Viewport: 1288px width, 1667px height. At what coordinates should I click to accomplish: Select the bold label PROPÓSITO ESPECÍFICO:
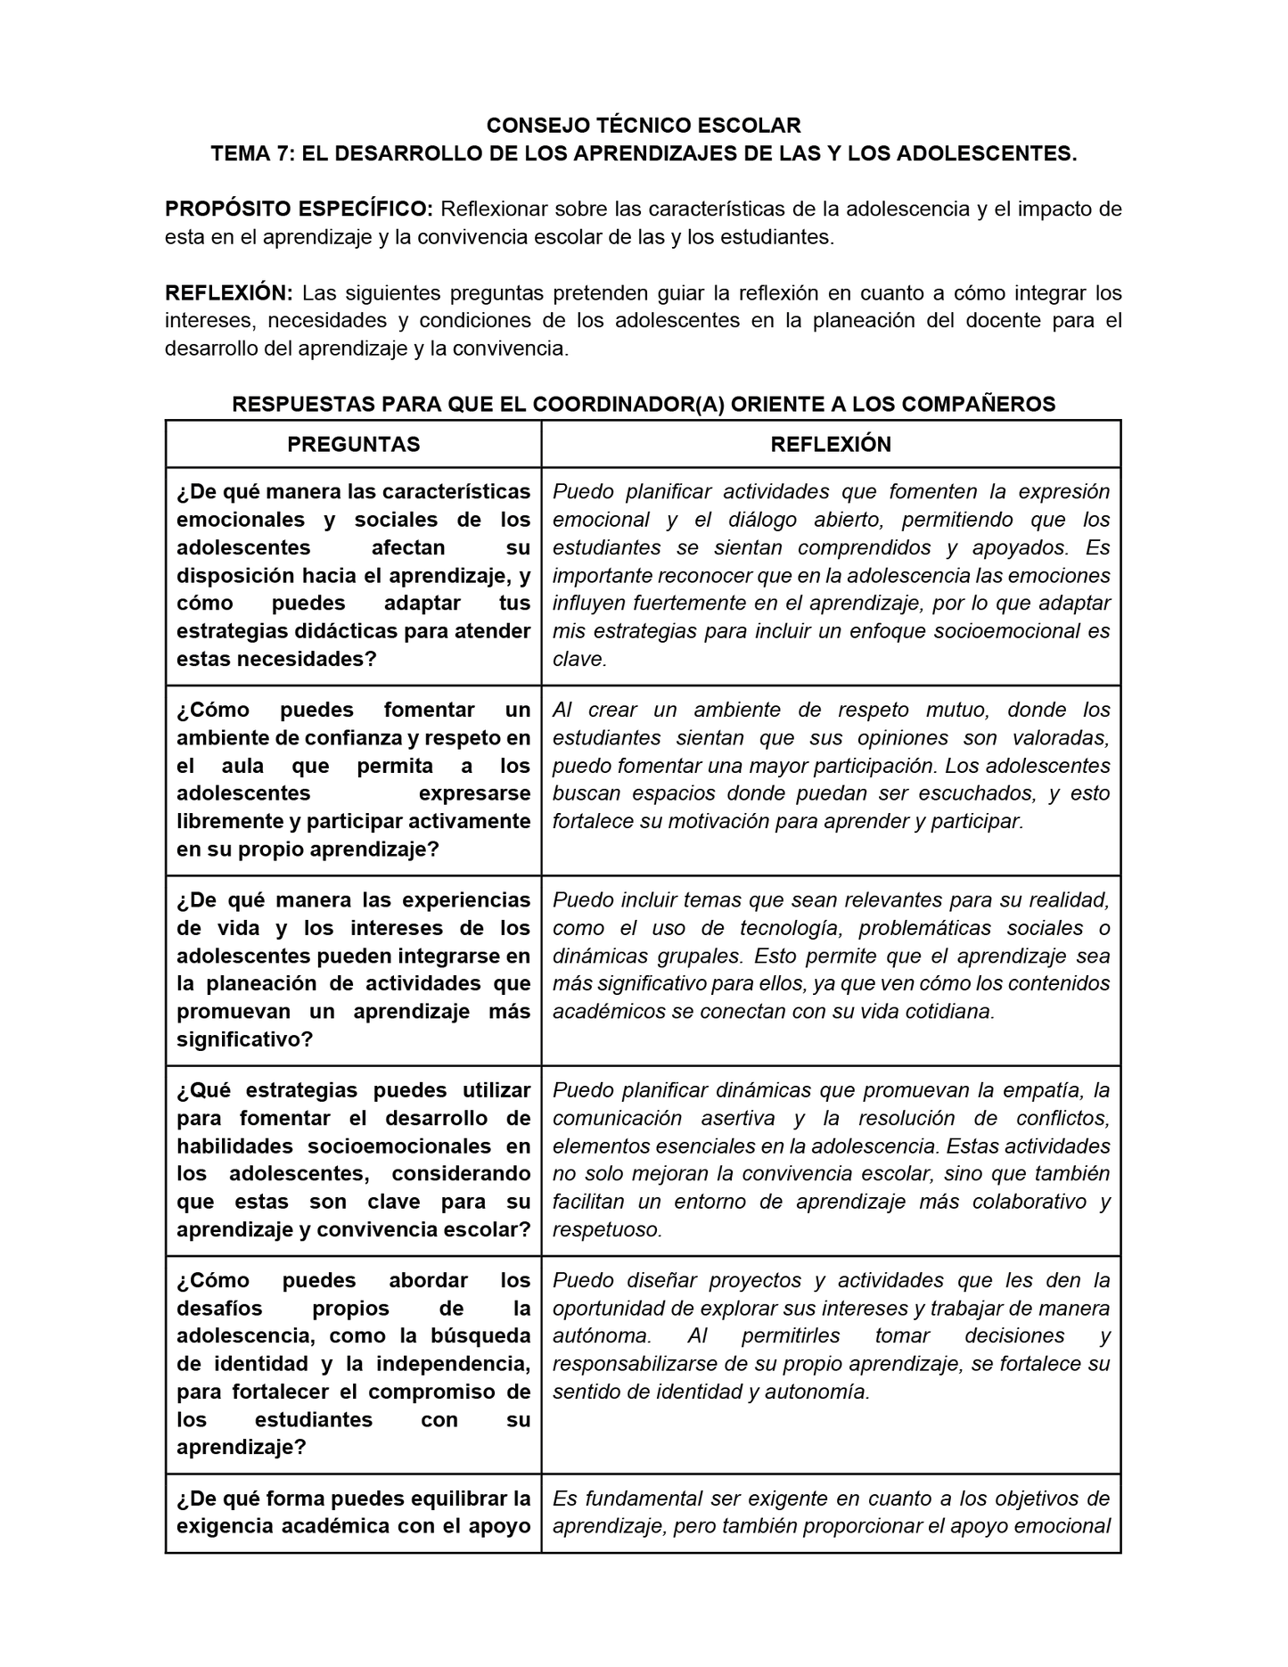pyautogui.click(x=299, y=209)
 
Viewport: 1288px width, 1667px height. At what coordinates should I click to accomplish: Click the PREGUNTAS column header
pyautogui.click(x=354, y=444)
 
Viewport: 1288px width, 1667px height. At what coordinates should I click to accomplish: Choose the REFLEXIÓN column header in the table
pyautogui.click(x=831, y=444)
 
